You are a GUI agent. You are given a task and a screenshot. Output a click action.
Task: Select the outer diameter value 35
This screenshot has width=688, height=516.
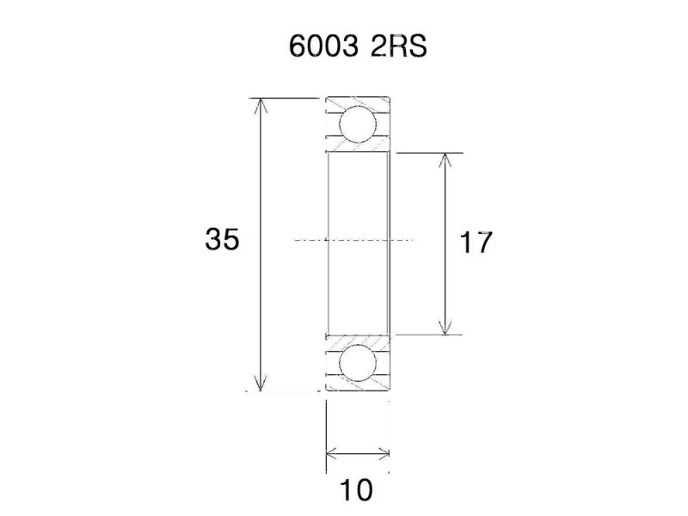[x=222, y=240]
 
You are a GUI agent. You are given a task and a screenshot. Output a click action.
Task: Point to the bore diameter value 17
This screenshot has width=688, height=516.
[x=475, y=243]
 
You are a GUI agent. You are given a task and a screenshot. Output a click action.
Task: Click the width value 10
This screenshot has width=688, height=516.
[x=355, y=490]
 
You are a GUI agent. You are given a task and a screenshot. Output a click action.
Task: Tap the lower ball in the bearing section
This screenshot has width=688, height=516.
[x=357, y=363]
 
